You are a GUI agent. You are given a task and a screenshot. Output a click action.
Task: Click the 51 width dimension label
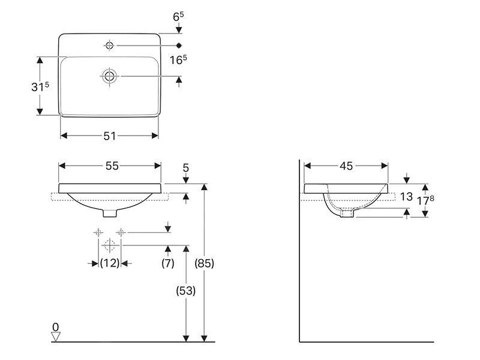point(109,136)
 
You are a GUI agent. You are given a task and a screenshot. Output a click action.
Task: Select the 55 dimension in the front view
point(112,166)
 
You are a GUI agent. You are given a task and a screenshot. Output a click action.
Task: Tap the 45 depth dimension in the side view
point(346,166)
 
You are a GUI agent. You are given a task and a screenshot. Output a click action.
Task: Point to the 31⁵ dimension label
point(40,86)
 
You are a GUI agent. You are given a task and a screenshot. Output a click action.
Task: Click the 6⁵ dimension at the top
point(178,17)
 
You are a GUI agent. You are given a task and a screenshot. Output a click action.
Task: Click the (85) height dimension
point(204,263)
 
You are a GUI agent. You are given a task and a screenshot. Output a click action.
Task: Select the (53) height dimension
point(185,290)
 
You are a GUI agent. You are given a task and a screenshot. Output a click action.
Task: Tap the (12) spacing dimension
point(110,263)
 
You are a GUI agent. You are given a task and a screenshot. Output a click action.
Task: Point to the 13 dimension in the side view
point(406,196)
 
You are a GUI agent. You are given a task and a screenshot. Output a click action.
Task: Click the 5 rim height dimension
point(185,169)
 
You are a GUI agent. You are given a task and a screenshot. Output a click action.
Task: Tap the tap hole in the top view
point(110,45)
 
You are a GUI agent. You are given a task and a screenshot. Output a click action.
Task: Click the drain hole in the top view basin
point(110,76)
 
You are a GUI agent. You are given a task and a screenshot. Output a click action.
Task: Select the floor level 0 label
point(55,328)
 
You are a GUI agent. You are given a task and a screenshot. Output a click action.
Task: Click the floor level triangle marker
point(56,337)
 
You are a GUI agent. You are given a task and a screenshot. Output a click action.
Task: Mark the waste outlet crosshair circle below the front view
point(109,245)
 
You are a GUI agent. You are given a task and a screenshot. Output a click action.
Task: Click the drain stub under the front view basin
point(110,212)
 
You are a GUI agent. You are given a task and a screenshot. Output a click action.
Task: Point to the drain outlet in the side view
point(347,213)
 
